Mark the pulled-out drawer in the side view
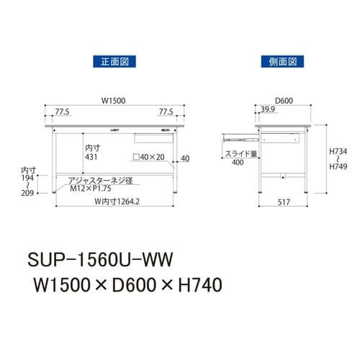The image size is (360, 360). (240, 135)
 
